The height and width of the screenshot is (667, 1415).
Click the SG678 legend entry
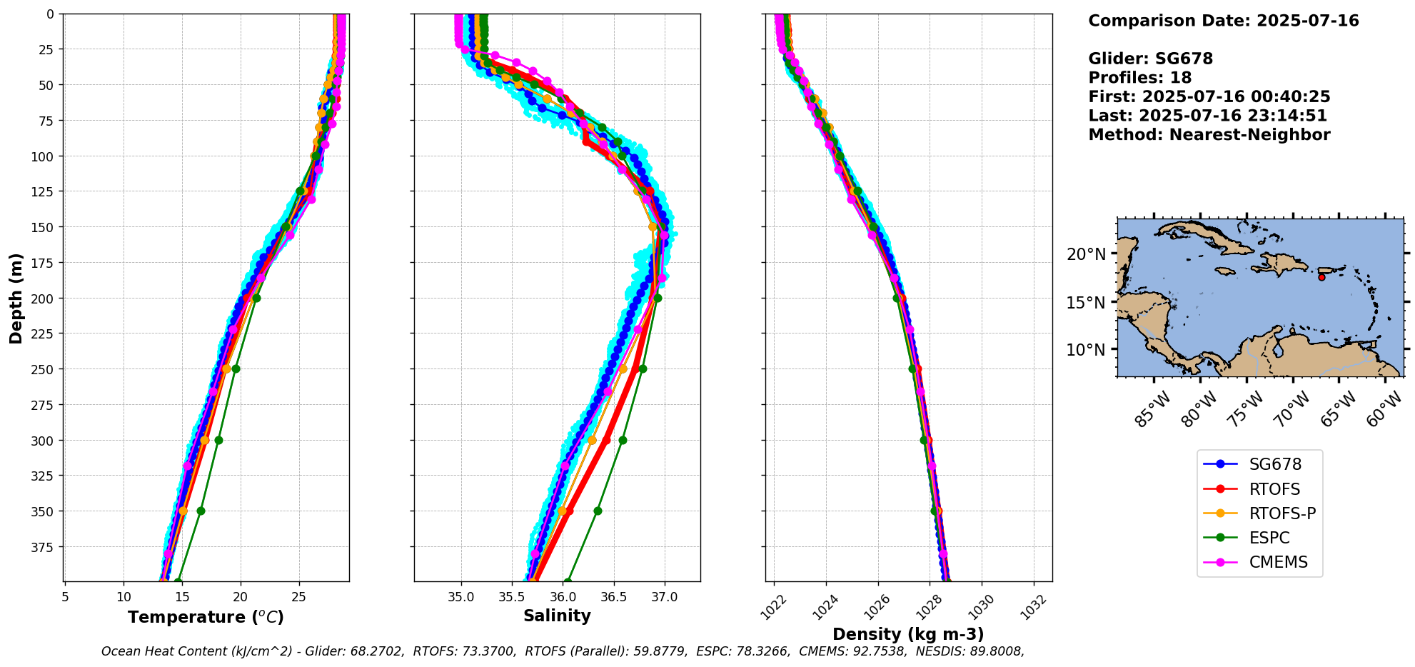coord(1259,464)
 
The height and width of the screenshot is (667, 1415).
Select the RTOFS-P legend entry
coord(1259,513)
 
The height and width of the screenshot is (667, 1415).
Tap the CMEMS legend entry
coord(1259,562)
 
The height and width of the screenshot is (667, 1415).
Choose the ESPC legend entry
coord(1259,538)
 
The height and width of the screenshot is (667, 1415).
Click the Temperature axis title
coord(206,617)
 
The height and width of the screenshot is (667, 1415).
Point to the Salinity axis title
coord(557,616)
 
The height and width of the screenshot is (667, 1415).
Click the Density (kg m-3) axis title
coord(908,634)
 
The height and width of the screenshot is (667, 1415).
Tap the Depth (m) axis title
coord(16,298)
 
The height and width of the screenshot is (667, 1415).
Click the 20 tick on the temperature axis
coord(241,596)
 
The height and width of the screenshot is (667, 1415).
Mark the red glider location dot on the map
coord(1321,277)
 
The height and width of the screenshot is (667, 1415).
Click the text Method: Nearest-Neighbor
coord(1209,135)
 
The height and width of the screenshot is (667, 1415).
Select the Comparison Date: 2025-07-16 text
coord(1224,21)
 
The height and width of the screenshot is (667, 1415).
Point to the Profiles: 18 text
coord(1140,78)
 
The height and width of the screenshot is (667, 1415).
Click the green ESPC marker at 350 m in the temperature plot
coord(201,511)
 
